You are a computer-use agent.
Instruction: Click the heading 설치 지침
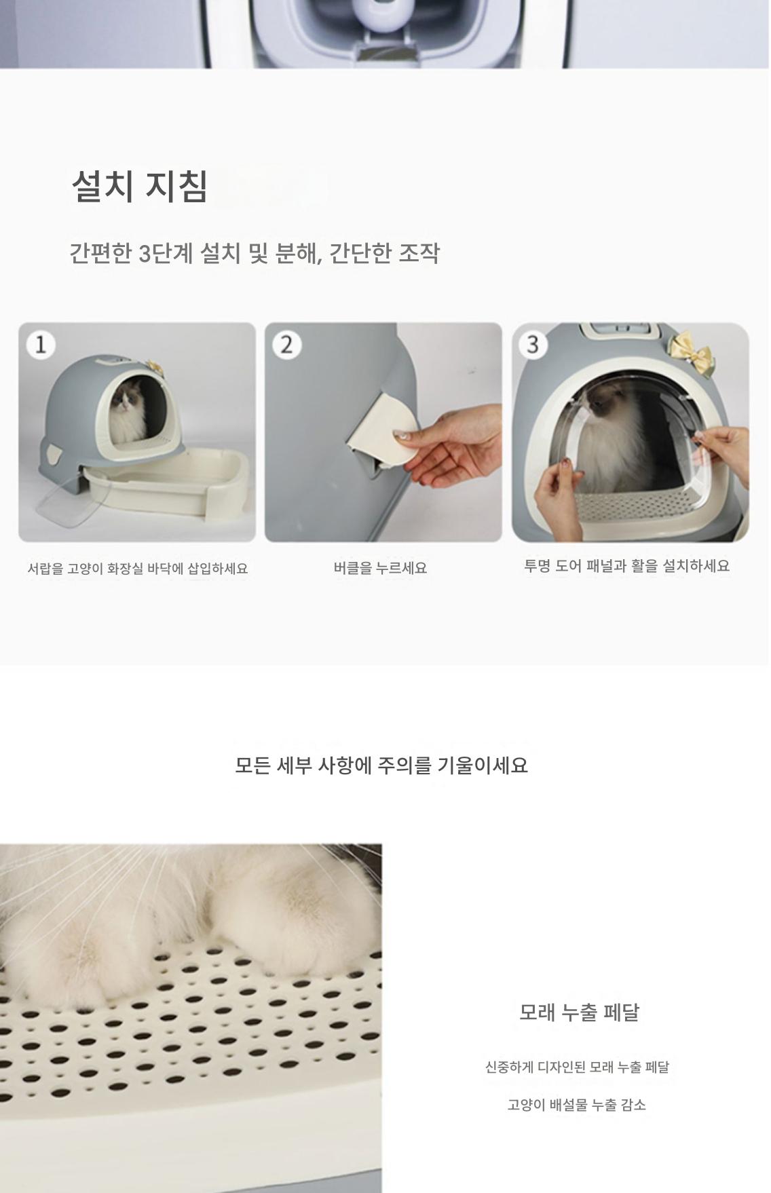tap(140, 185)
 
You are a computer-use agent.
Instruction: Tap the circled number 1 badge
tap(40, 345)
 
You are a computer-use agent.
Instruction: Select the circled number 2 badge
tap(286, 345)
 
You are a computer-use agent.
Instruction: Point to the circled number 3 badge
tap(533, 345)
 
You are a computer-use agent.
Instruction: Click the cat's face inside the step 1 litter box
tap(124, 403)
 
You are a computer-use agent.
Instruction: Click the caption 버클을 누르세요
tap(380, 568)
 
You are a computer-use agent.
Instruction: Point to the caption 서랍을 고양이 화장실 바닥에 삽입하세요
tap(138, 569)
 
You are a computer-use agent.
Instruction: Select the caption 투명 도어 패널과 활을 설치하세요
tap(627, 566)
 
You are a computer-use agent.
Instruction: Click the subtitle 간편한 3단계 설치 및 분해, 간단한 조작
tap(255, 253)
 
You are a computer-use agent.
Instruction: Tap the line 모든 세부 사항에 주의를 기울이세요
tap(381, 765)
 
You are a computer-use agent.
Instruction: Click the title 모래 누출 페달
tap(579, 1012)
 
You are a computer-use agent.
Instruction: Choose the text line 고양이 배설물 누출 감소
tap(577, 1105)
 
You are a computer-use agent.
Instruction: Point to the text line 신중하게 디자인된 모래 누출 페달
tap(577, 1067)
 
